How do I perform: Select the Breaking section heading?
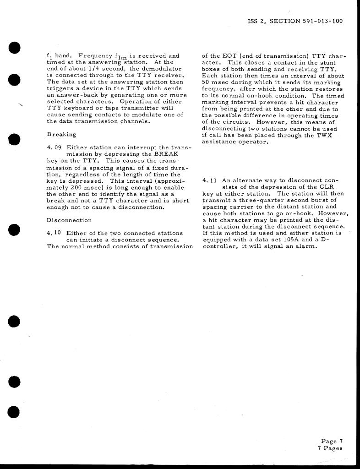point(61,135)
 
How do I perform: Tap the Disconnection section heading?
point(69,220)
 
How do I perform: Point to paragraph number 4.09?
point(55,147)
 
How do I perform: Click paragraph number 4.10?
point(55,233)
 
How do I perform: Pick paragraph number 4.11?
point(209,180)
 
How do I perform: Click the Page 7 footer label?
point(332,442)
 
